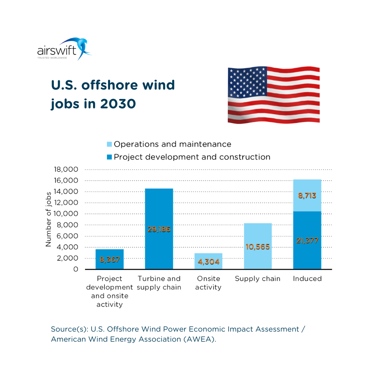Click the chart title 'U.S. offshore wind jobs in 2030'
113,94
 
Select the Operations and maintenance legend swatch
109,144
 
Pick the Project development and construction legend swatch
109,157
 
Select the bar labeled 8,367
109,259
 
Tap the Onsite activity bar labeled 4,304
208,261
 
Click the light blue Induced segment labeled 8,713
307,195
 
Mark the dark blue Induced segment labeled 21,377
307,240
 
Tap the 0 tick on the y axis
76,269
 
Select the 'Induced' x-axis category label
307,278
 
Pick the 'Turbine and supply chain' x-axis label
159,283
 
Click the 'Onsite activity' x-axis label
208,283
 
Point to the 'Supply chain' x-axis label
258,278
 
